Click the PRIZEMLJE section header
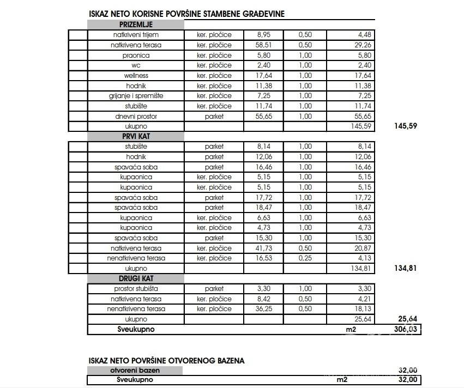coord(136,25)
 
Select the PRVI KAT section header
coord(136,136)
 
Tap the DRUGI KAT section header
coord(136,278)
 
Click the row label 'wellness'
coord(136,76)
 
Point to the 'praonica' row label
coord(136,55)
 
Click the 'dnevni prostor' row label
coord(136,116)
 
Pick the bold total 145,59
coord(407,126)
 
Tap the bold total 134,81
coord(407,268)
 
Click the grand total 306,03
coord(407,329)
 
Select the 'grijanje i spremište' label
coord(136,96)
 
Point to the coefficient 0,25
coord(305,258)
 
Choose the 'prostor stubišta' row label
coord(136,289)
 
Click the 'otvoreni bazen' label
coord(136,371)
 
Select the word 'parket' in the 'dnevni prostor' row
coord(214,116)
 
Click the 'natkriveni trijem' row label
coord(136,35)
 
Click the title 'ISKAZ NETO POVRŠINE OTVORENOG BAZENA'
coord(166,360)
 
